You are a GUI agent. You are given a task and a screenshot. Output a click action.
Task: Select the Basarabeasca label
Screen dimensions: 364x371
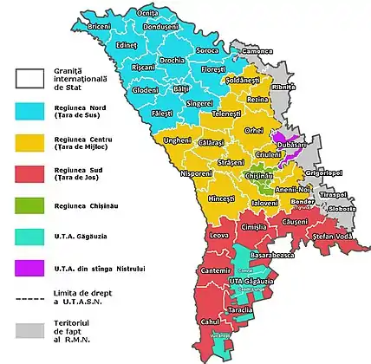272,257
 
